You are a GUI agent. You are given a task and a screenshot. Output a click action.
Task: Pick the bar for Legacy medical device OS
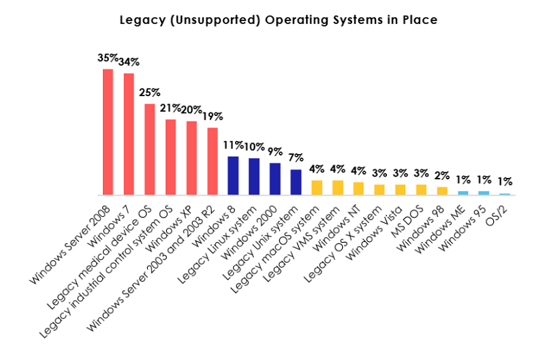[149, 149]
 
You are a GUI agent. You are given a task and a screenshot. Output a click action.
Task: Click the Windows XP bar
[191, 157]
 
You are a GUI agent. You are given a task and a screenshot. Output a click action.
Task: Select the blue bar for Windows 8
[233, 175]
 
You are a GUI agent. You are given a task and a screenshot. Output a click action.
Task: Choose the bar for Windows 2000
[275, 179]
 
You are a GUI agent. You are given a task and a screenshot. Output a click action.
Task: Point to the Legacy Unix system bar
[296, 182]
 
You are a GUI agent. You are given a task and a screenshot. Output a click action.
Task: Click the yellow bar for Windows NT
[358, 188]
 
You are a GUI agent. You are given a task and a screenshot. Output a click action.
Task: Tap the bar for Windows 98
[442, 191]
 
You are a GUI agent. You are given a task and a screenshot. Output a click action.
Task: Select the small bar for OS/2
[505, 194]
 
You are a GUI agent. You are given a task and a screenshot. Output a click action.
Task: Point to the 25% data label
[150, 92]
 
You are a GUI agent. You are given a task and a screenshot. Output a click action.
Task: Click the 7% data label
[296, 157]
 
